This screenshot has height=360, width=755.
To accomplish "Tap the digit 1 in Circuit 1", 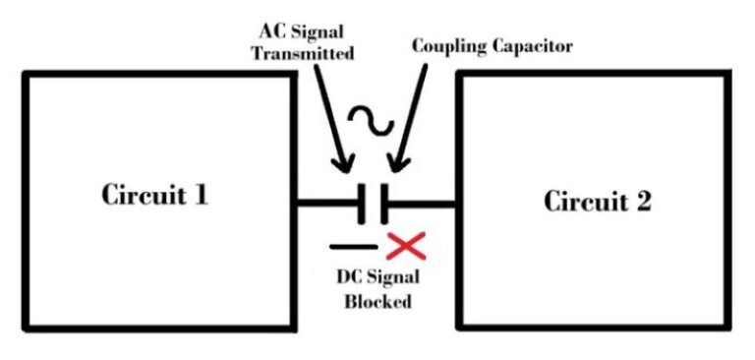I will [x=201, y=195].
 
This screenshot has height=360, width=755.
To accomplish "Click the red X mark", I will [x=403, y=246].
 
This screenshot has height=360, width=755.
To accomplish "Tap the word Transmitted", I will [x=302, y=54].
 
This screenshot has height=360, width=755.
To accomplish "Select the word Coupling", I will [x=448, y=46].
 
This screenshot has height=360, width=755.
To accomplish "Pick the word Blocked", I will [x=377, y=302].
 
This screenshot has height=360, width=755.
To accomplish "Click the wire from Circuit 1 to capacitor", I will [x=329, y=204].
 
